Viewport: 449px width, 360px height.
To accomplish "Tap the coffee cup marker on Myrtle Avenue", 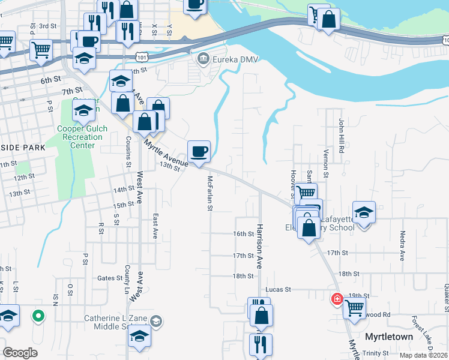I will coord(199,151).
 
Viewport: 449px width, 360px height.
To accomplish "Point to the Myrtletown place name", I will coord(389,337).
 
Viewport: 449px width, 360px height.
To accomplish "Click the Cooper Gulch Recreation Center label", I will coord(80,137).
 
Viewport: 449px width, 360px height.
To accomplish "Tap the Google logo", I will coord(20,353).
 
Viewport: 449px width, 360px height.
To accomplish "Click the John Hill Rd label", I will coord(340,136).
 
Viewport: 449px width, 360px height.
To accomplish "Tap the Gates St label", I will coord(110,278).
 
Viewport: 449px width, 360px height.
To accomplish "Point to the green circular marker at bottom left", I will coord(39,314).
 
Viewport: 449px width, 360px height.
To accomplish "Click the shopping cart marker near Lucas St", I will coord(354,308).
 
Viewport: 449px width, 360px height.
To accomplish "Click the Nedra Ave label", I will coord(402,246).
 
